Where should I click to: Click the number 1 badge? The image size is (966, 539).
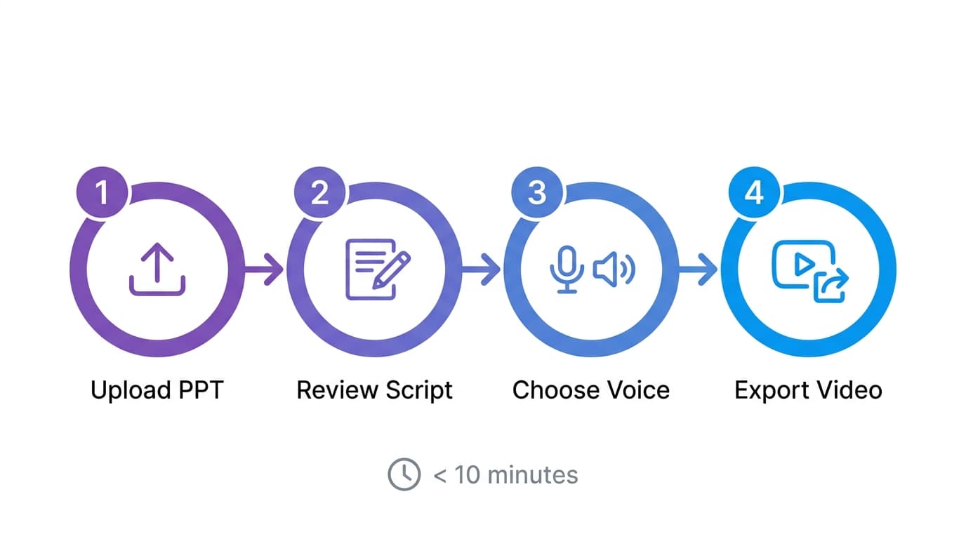[102, 192]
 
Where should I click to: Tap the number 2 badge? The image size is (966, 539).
[319, 192]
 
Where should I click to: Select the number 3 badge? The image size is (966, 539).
[537, 192]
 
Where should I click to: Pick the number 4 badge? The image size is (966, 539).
[754, 192]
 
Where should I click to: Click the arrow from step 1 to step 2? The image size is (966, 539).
[265, 269]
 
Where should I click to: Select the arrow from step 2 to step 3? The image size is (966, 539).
[483, 269]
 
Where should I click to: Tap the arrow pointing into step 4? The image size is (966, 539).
[700, 269]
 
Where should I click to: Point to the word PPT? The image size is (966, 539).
[200, 390]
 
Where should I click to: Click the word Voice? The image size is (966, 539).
[637, 390]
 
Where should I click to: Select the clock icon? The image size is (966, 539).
[404, 475]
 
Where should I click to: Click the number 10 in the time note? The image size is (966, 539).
[467, 475]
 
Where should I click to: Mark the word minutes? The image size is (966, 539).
[533, 475]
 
